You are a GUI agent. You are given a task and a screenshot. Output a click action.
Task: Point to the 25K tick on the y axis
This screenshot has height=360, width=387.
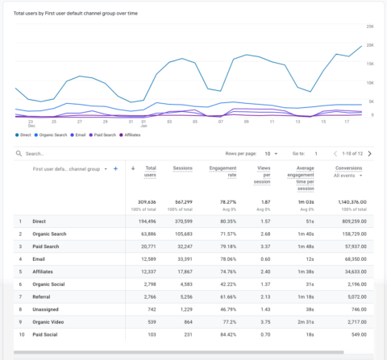click(x=370, y=27)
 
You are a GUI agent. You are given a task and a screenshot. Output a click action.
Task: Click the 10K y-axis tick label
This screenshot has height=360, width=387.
click(x=370, y=82)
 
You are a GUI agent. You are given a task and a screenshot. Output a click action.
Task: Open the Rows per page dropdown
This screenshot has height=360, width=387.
click(x=272, y=153)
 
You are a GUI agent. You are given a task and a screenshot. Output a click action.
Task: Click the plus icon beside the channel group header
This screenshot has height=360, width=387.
click(x=115, y=169)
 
